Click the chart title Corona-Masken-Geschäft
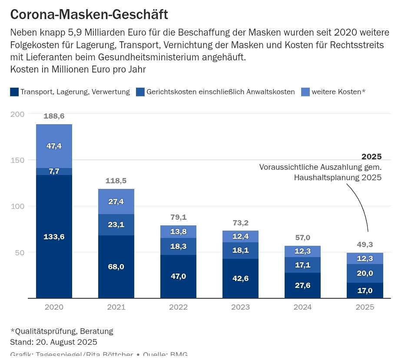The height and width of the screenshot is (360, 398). click(89, 14)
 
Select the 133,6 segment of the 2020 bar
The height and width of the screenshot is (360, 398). click(54, 237)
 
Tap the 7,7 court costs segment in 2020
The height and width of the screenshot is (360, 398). click(54, 172)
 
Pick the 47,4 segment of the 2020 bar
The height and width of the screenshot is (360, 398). click(54, 146)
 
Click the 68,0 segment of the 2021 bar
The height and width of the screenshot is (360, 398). click(116, 267)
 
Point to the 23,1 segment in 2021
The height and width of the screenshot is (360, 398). click(116, 225)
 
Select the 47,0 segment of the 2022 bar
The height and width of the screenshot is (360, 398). click(178, 276)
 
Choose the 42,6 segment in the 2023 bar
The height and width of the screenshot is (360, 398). click(240, 278)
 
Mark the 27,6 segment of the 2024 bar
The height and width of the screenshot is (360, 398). click(302, 285)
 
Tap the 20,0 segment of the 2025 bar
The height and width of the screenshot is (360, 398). click(365, 273)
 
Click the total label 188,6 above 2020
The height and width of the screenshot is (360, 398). click(54, 116)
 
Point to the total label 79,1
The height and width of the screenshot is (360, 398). click(178, 217)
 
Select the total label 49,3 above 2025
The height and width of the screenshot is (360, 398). click(365, 244)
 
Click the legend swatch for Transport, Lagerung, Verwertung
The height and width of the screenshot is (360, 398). click(14, 92)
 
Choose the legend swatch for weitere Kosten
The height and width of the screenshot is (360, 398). click(305, 92)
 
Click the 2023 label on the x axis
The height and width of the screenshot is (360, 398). click(240, 307)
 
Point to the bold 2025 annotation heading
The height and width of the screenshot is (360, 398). click(371, 157)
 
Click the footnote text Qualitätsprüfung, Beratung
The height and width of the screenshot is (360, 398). click(61, 331)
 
